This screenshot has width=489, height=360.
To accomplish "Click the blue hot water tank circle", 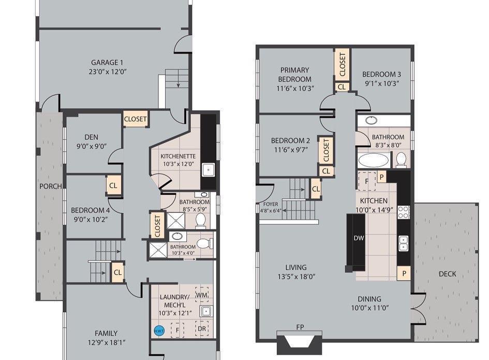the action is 159,331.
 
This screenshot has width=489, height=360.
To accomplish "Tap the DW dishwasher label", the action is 359,238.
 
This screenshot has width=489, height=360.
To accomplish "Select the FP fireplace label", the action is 300,327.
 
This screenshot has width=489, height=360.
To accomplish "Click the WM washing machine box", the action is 202,294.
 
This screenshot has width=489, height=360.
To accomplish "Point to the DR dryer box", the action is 202,328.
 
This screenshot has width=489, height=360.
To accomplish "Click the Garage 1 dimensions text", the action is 108,71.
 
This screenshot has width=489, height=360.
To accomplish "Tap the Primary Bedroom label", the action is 295,74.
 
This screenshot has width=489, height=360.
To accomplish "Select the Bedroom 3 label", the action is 381,74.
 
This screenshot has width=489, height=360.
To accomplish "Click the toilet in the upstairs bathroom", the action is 401,159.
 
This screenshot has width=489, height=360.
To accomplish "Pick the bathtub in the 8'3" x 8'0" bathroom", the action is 373,161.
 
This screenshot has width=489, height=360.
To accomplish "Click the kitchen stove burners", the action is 403,212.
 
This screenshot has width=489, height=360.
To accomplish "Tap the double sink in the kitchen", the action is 403,243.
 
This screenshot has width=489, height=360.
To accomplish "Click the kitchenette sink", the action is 208,170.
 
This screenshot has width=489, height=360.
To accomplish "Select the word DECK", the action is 447,274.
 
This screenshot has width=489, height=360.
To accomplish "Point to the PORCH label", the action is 51,186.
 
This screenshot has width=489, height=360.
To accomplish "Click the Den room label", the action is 92,137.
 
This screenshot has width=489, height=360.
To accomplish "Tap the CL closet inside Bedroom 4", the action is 113,185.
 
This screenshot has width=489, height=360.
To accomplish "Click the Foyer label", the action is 271,204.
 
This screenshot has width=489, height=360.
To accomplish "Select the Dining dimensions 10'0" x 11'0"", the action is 370,308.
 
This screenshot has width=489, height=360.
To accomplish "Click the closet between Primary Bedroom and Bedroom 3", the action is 343,64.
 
